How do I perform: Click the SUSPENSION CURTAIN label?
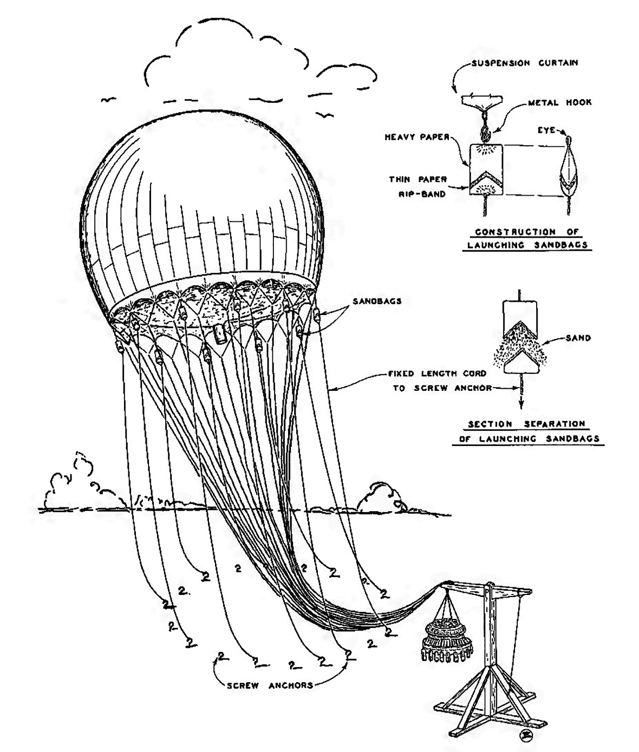pyautogui.click(x=525, y=63)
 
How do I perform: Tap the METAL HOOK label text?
pyautogui.click(x=560, y=103)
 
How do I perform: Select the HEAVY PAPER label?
pyautogui.click(x=417, y=137)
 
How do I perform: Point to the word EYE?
pyautogui.click(x=546, y=130)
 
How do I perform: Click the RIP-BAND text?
pyautogui.click(x=422, y=194)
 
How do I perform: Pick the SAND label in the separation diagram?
pyautogui.click(x=578, y=338)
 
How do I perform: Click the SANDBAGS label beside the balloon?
pyautogui.click(x=377, y=301)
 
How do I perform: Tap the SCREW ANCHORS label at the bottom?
pyautogui.click(x=270, y=686)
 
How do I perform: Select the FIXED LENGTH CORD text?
pyautogui.click(x=437, y=374)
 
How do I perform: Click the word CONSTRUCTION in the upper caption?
pyautogui.click(x=516, y=232)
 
